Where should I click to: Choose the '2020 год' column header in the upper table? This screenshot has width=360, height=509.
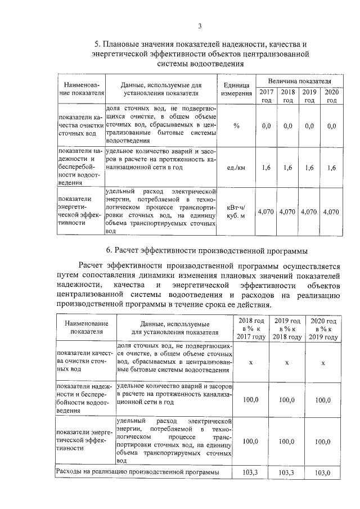click(331, 96)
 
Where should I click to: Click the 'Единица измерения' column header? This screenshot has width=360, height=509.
click(236, 89)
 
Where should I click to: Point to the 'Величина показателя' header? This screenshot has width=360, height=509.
click(299, 82)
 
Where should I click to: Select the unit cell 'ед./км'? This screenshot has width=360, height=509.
click(236, 168)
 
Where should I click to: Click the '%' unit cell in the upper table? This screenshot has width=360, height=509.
click(236, 126)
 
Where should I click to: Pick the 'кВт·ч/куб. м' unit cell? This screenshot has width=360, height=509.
click(236, 212)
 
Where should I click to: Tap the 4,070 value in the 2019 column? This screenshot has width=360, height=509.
click(309, 212)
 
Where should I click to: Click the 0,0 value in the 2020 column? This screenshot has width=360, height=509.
click(331, 126)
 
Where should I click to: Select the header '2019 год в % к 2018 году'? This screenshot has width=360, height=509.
click(286, 328)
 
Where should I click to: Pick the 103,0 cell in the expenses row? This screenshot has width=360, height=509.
click(322, 472)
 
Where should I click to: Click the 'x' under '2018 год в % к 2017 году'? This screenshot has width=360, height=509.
click(250, 362)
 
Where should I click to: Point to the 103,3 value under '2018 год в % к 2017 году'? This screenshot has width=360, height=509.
click(250, 472)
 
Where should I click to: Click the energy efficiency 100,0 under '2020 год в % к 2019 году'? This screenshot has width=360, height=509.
click(322, 442)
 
